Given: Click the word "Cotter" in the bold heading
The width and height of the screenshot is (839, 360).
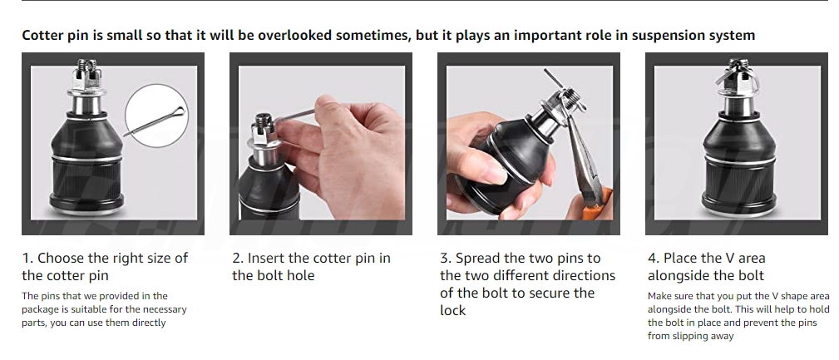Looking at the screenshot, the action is coord(43,35).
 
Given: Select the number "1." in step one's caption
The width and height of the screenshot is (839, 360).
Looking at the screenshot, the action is coord(27,259).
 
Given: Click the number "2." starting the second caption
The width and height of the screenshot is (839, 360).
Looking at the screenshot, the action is coord(238,259).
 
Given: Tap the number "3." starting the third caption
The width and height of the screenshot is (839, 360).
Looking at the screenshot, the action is coord(446,259).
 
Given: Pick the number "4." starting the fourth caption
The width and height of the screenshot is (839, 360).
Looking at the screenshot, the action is coord(654,259).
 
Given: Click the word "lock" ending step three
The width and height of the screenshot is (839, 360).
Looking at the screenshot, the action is coord(452,310).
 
